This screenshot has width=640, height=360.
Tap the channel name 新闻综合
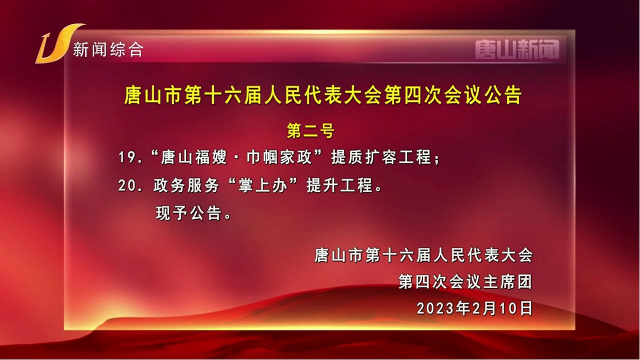click(108, 49)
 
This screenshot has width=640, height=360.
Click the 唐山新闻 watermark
click(517, 49)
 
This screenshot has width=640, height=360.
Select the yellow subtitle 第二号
click(310, 131)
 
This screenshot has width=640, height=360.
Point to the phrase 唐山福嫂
click(194, 157)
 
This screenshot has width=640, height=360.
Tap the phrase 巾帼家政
click(279, 157)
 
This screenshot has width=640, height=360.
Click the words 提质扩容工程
click(381, 157)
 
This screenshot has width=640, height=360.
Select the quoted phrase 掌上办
click(263, 185)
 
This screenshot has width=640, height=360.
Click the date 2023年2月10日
click(475, 308)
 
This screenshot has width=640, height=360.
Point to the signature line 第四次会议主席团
click(465, 281)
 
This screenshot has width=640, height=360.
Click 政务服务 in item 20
click(186, 185)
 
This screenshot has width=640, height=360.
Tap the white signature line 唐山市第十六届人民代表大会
click(423, 255)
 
